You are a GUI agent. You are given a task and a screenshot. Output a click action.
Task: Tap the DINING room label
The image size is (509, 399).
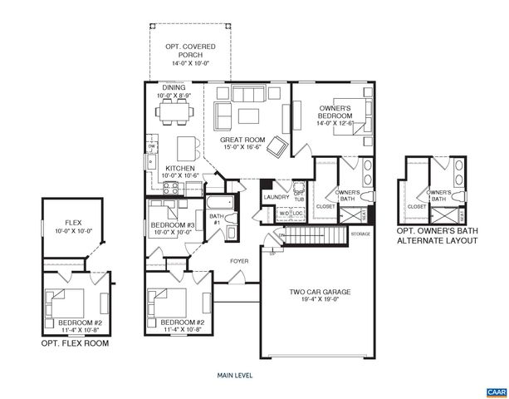(x=173, y=86)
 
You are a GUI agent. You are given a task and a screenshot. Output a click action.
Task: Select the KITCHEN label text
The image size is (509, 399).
(x=179, y=167)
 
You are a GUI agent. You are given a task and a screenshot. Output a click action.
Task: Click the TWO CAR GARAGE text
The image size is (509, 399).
(x=320, y=292)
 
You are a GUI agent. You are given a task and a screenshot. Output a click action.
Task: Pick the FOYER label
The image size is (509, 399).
(x=241, y=261)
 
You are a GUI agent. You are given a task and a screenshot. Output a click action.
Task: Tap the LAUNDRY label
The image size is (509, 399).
(x=275, y=197)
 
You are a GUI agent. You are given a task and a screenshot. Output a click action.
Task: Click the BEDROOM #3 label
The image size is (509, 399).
(x=172, y=225)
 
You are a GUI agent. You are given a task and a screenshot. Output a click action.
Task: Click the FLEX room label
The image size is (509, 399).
(x=74, y=222)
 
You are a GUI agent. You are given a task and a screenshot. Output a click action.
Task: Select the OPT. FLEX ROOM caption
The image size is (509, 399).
(x=75, y=342)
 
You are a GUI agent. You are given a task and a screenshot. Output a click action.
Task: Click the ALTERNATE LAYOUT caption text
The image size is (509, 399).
(x=437, y=241)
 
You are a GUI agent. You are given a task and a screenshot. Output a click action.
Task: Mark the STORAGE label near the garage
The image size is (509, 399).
(x=360, y=234)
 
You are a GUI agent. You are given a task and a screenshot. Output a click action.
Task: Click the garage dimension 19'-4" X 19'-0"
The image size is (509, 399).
(x=320, y=301)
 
